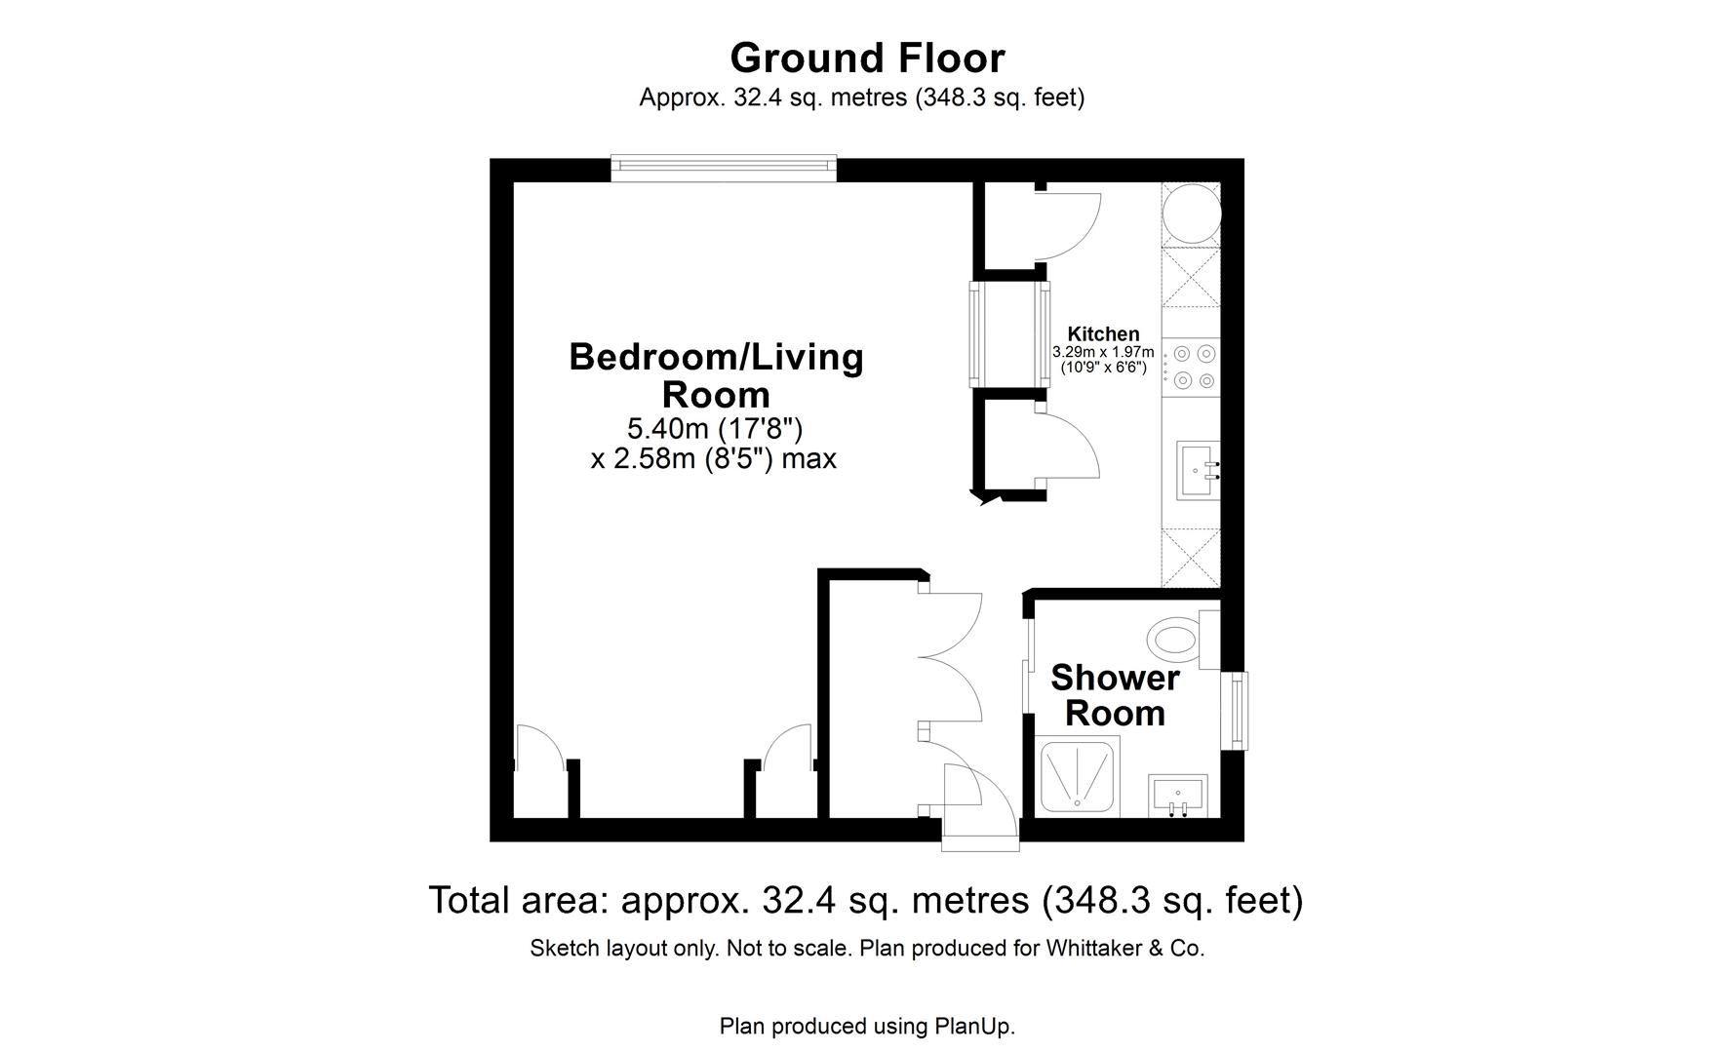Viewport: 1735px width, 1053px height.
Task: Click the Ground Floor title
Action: click(x=867, y=58)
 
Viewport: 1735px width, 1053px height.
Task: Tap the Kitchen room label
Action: click(x=1103, y=333)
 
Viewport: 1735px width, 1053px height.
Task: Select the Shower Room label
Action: click(x=1115, y=695)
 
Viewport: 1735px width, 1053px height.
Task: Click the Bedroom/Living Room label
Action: click(x=716, y=375)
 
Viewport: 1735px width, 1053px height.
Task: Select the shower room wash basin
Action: click(x=1178, y=795)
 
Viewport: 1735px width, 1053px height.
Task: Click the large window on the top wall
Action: click(x=724, y=168)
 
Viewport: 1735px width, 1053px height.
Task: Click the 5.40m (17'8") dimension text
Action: click(x=714, y=428)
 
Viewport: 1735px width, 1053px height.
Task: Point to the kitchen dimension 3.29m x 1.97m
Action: click(x=1103, y=352)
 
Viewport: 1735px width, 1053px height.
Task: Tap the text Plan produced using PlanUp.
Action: click(x=867, y=1026)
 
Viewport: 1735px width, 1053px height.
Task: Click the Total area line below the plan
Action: click(x=866, y=900)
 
